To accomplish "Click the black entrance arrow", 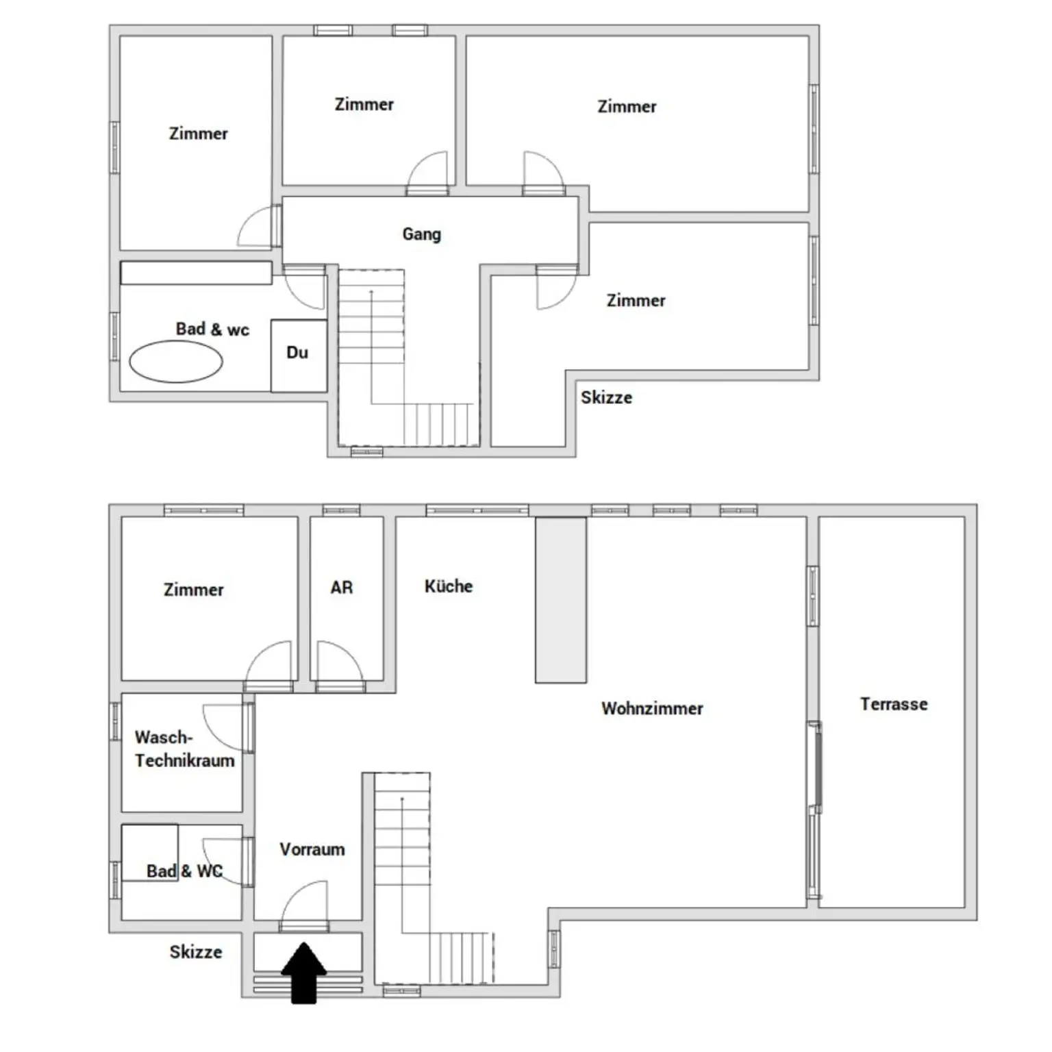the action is pyautogui.click(x=303, y=973).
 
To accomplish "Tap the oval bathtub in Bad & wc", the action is pyautogui.click(x=176, y=362).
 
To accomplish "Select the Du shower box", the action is pyautogui.click(x=299, y=355).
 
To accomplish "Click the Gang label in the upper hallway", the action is pyautogui.click(x=421, y=234).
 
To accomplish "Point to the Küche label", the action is pyautogui.click(x=449, y=586).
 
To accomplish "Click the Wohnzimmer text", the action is pyautogui.click(x=652, y=708).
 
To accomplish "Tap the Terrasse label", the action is pyautogui.click(x=894, y=704).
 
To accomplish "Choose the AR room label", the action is pyautogui.click(x=342, y=588).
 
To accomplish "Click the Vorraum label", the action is pyautogui.click(x=312, y=849).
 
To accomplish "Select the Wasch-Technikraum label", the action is pyautogui.click(x=184, y=749).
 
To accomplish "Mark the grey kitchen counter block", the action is pyautogui.click(x=561, y=600).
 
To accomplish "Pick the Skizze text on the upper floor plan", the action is pyautogui.click(x=606, y=397).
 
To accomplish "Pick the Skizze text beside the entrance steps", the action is pyautogui.click(x=196, y=952).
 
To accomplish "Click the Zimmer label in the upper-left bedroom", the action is pyautogui.click(x=198, y=134).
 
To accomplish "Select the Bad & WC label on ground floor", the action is pyautogui.click(x=185, y=871).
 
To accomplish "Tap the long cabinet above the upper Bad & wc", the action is pyautogui.click(x=196, y=273).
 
